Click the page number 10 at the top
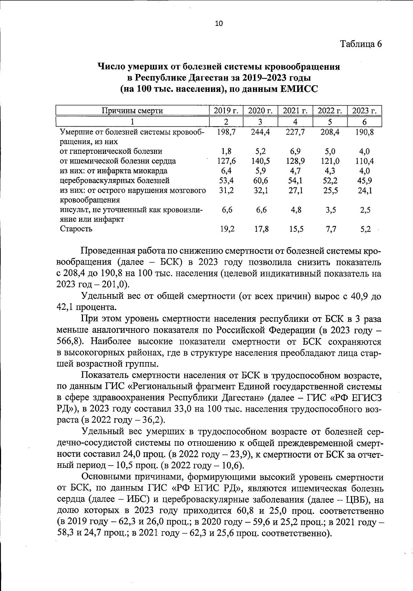pyautogui.click(x=219, y=23)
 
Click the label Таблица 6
pyautogui.click(x=361, y=44)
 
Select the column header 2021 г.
pyautogui.click(x=295, y=110)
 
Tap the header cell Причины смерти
pyautogui.click(x=132, y=110)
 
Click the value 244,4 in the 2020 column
pyautogui.click(x=261, y=132)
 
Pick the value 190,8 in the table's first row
pyautogui.click(x=364, y=132)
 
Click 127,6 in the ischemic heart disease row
pyautogui.click(x=226, y=161)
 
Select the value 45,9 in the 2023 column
pyautogui.click(x=364, y=180)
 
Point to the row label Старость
pyautogui.click(x=76, y=229)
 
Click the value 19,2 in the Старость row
pyautogui.click(x=227, y=229)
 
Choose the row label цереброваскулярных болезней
pyautogui.click(x=115, y=180)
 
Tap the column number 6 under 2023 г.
pyautogui.click(x=364, y=122)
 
